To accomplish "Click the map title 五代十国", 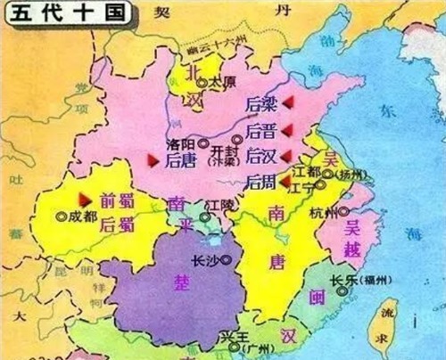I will click(x=45, y=12).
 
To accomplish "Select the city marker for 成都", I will click(x=61, y=216).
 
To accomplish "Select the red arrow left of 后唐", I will click(x=153, y=160).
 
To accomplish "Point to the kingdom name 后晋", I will click(x=260, y=131).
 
